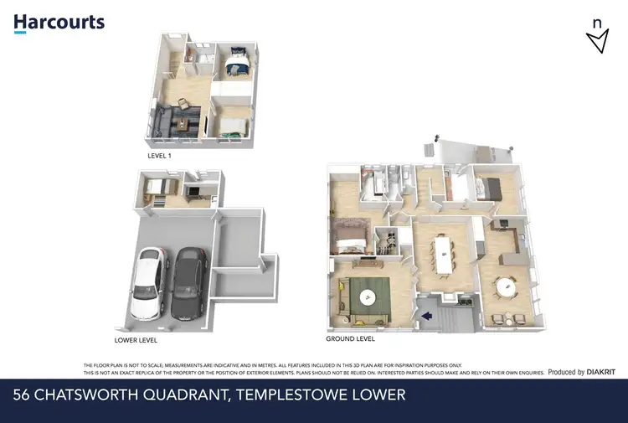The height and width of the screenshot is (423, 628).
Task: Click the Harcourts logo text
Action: point(59,22)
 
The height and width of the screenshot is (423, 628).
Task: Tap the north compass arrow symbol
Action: point(597,39)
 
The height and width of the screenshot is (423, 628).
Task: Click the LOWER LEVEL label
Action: point(136,341)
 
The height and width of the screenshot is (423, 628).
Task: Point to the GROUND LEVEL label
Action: point(350,339)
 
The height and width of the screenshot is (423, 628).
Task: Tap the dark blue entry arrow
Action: point(425,316)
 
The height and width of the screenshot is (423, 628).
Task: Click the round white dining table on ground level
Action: point(506,288)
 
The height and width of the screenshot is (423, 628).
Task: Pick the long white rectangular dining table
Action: point(440,252)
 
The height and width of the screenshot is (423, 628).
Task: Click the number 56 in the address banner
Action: point(23,394)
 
